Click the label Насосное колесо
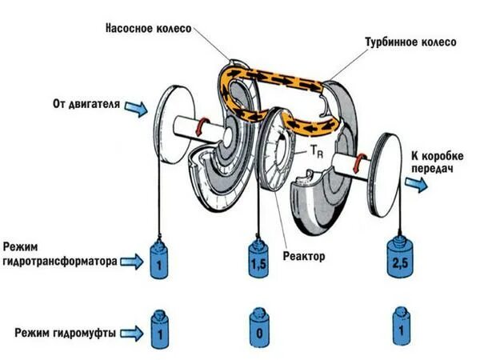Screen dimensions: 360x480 pyautogui.click(x=149, y=26)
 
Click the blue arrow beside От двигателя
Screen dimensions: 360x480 pyautogui.click(x=136, y=106)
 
